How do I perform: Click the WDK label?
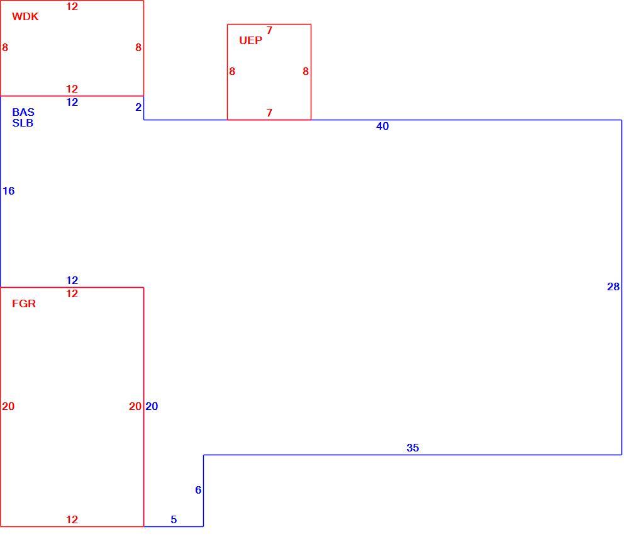click(x=25, y=16)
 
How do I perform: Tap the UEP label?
click(x=251, y=40)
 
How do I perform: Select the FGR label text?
click(x=24, y=303)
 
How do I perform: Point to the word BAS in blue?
click(x=23, y=112)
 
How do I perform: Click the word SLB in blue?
click(x=23, y=123)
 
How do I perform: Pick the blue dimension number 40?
click(x=382, y=126)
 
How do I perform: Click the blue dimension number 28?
click(x=613, y=286)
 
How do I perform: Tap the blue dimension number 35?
click(x=413, y=448)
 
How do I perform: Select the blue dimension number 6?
click(x=198, y=490)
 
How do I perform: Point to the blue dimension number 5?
click(x=174, y=519)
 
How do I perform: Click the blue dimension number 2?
click(x=138, y=107)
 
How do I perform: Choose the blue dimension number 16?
click(x=8, y=191)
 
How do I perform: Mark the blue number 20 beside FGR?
click(x=152, y=406)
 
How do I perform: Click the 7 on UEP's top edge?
click(x=269, y=30)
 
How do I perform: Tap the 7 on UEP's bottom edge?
click(x=269, y=113)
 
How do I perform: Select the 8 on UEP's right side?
click(x=306, y=71)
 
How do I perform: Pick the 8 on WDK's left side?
click(x=5, y=47)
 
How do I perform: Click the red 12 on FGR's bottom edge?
click(x=72, y=519)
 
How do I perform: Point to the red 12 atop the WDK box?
click(x=72, y=6)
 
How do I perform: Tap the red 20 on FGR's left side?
click(x=8, y=406)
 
